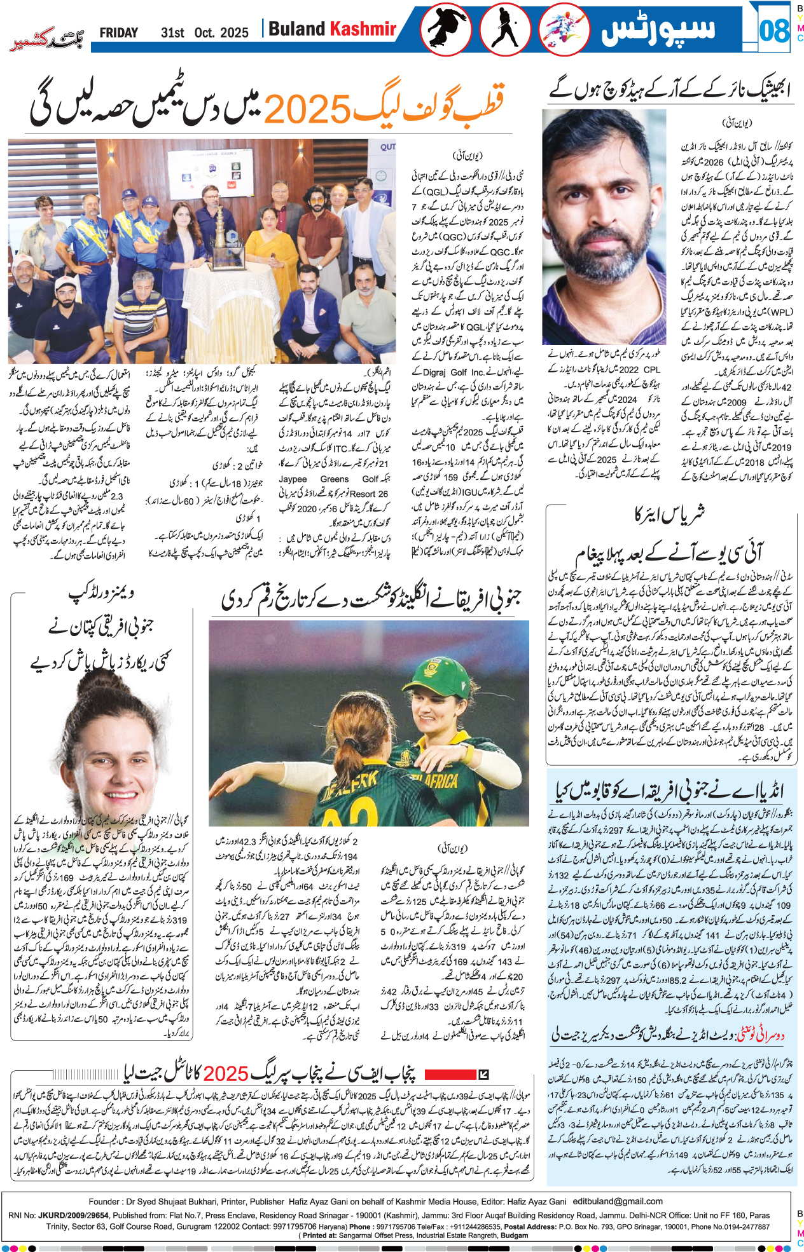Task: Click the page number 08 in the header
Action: click(773, 30)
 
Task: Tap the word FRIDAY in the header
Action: click(118, 33)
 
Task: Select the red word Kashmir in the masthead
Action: click(363, 29)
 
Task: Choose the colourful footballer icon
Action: click(564, 29)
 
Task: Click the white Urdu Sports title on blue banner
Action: click(658, 29)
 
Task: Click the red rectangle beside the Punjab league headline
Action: click(449, 1075)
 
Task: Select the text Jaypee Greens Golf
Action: click(334, 479)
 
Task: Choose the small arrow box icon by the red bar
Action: click(483, 1075)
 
